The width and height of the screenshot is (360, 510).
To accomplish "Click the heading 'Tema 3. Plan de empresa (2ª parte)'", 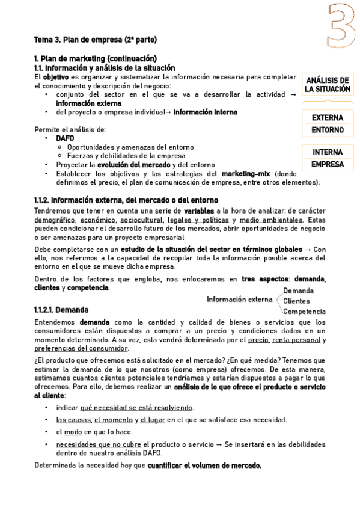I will coord(96,40).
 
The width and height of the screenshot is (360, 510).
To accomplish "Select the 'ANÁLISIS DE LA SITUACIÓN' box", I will coord(327,85).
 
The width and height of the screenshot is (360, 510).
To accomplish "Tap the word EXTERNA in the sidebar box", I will coord(328,118).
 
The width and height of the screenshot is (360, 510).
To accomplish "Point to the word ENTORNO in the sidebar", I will coord(328,130).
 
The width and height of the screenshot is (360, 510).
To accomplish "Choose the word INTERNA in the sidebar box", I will coord(328,152).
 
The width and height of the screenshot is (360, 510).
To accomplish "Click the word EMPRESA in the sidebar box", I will coord(328,164).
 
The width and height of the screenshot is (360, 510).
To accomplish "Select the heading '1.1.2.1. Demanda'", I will coord(61,310).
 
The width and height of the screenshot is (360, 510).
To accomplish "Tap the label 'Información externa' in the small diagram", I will coord(239,299).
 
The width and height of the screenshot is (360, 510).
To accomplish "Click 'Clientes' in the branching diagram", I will coord(296,301).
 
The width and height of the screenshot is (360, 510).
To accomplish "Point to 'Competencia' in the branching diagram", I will coord(304,312).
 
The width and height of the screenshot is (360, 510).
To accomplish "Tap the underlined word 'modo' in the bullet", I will coord(73,432).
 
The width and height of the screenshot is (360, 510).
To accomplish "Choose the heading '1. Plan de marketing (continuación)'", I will coord(96,59).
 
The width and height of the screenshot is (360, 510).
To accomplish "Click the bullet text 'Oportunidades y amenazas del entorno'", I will coord(130,147).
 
